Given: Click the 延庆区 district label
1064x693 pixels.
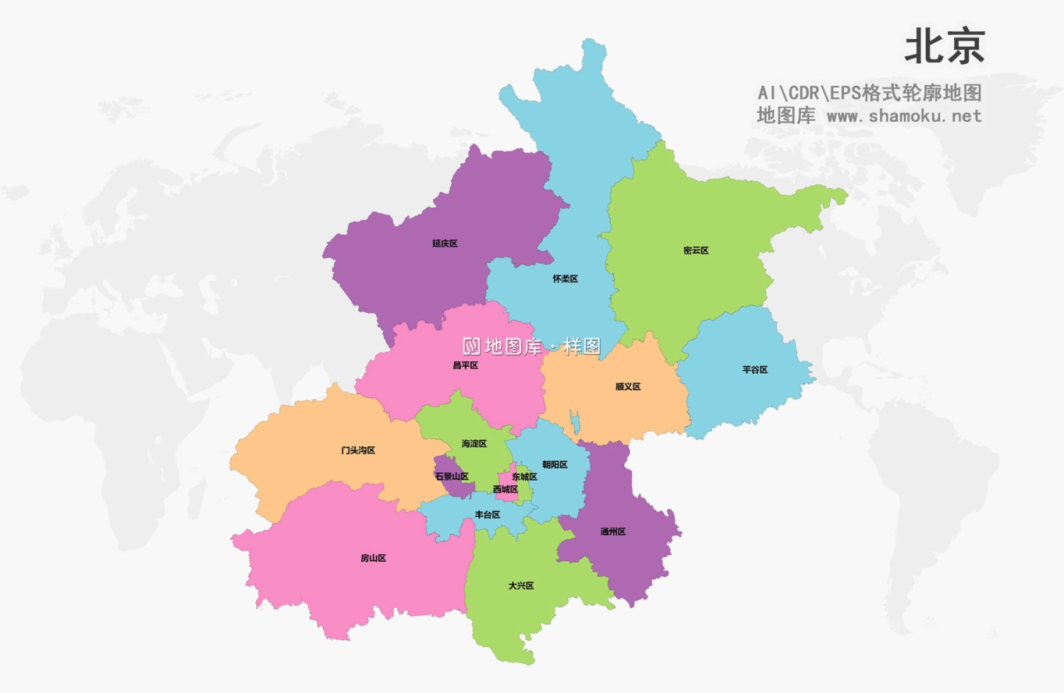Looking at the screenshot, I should pyautogui.click(x=445, y=243).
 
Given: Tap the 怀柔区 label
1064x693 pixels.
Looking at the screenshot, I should pyautogui.click(x=565, y=279).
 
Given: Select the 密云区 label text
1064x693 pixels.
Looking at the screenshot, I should pyautogui.click(x=696, y=250).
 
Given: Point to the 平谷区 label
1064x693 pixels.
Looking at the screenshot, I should pyautogui.click(x=755, y=370).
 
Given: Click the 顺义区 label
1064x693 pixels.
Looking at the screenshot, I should pyautogui.click(x=628, y=387).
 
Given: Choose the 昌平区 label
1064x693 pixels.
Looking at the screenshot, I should pyautogui.click(x=465, y=365).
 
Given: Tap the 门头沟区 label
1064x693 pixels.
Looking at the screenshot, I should pyautogui.click(x=358, y=450).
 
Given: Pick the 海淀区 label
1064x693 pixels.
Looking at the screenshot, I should pyautogui.click(x=474, y=443).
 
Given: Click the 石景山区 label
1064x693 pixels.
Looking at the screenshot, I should pyautogui.click(x=452, y=477).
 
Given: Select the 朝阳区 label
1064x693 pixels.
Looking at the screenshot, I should pyautogui.click(x=555, y=465).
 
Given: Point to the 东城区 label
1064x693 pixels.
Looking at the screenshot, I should pyautogui.click(x=524, y=477).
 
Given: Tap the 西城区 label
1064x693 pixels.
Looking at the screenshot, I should pyautogui.click(x=505, y=489).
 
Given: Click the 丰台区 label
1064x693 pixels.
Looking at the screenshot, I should pyautogui.click(x=487, y=514).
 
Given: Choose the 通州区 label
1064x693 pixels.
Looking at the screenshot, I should pyautogui.click(x=613, y=531).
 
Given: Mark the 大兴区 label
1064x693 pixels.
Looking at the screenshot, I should pyautogui.click(x=521, y=585).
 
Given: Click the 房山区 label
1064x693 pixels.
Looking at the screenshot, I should pyautogui.click(x=373, y=558).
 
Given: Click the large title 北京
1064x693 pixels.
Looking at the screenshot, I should pyautogui.click(x=944, y=47).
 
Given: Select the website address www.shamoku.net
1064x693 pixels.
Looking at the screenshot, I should pyautogui.click(x=904, y=116).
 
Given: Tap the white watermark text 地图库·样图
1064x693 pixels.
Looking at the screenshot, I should pyautogui.click(x=532, y=346).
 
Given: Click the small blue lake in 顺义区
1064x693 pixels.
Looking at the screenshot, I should pyautogui.click(x=575, y=423).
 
